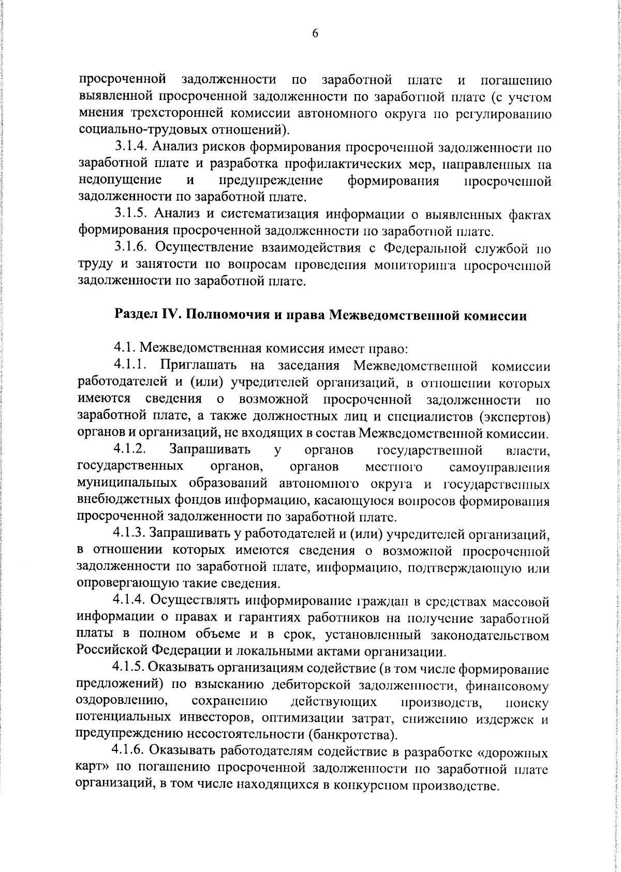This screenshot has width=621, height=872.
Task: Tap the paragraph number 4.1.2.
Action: pos(131,449)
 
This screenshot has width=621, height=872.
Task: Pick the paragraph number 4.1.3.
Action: pos(131,533)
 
